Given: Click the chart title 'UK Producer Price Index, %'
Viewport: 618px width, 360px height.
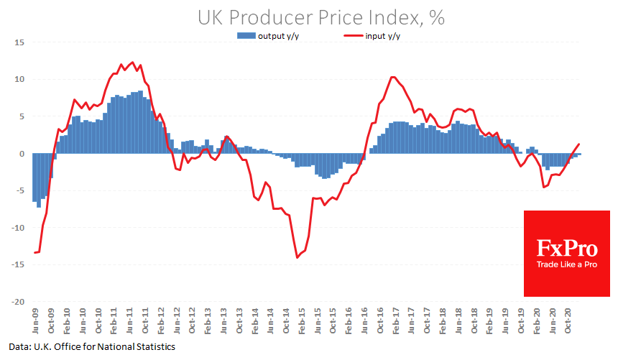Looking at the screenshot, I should pyautogui.click(x=321, y=18).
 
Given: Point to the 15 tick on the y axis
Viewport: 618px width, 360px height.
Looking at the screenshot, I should pyautogui.click(x=20, y=42).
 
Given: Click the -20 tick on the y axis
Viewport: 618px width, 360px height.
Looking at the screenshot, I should pyautogui.click(x=18, y=302).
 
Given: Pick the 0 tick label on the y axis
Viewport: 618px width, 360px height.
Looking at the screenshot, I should pyautogui.click(x=22, y=154).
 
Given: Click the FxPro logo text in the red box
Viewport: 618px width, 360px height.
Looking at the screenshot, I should pyautogui.click(x=567, y=249).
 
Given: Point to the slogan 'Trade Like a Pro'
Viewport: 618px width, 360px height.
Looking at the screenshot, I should pyautogui.click(x=567, y=264).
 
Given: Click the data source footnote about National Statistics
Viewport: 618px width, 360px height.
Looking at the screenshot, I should pyautogui.click(x=93, y=347).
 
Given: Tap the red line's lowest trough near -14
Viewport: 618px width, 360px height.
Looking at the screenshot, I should pyautogui.click(x=297, y=257).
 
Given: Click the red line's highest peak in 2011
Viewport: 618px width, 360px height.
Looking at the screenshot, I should pyautogui.click(x=131, y=63).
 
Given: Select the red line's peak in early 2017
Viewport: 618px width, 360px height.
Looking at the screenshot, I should pyautogui.click(x=392, y=77).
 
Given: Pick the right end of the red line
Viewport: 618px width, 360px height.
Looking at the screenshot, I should pyautogui.click(x=579, y=144).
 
